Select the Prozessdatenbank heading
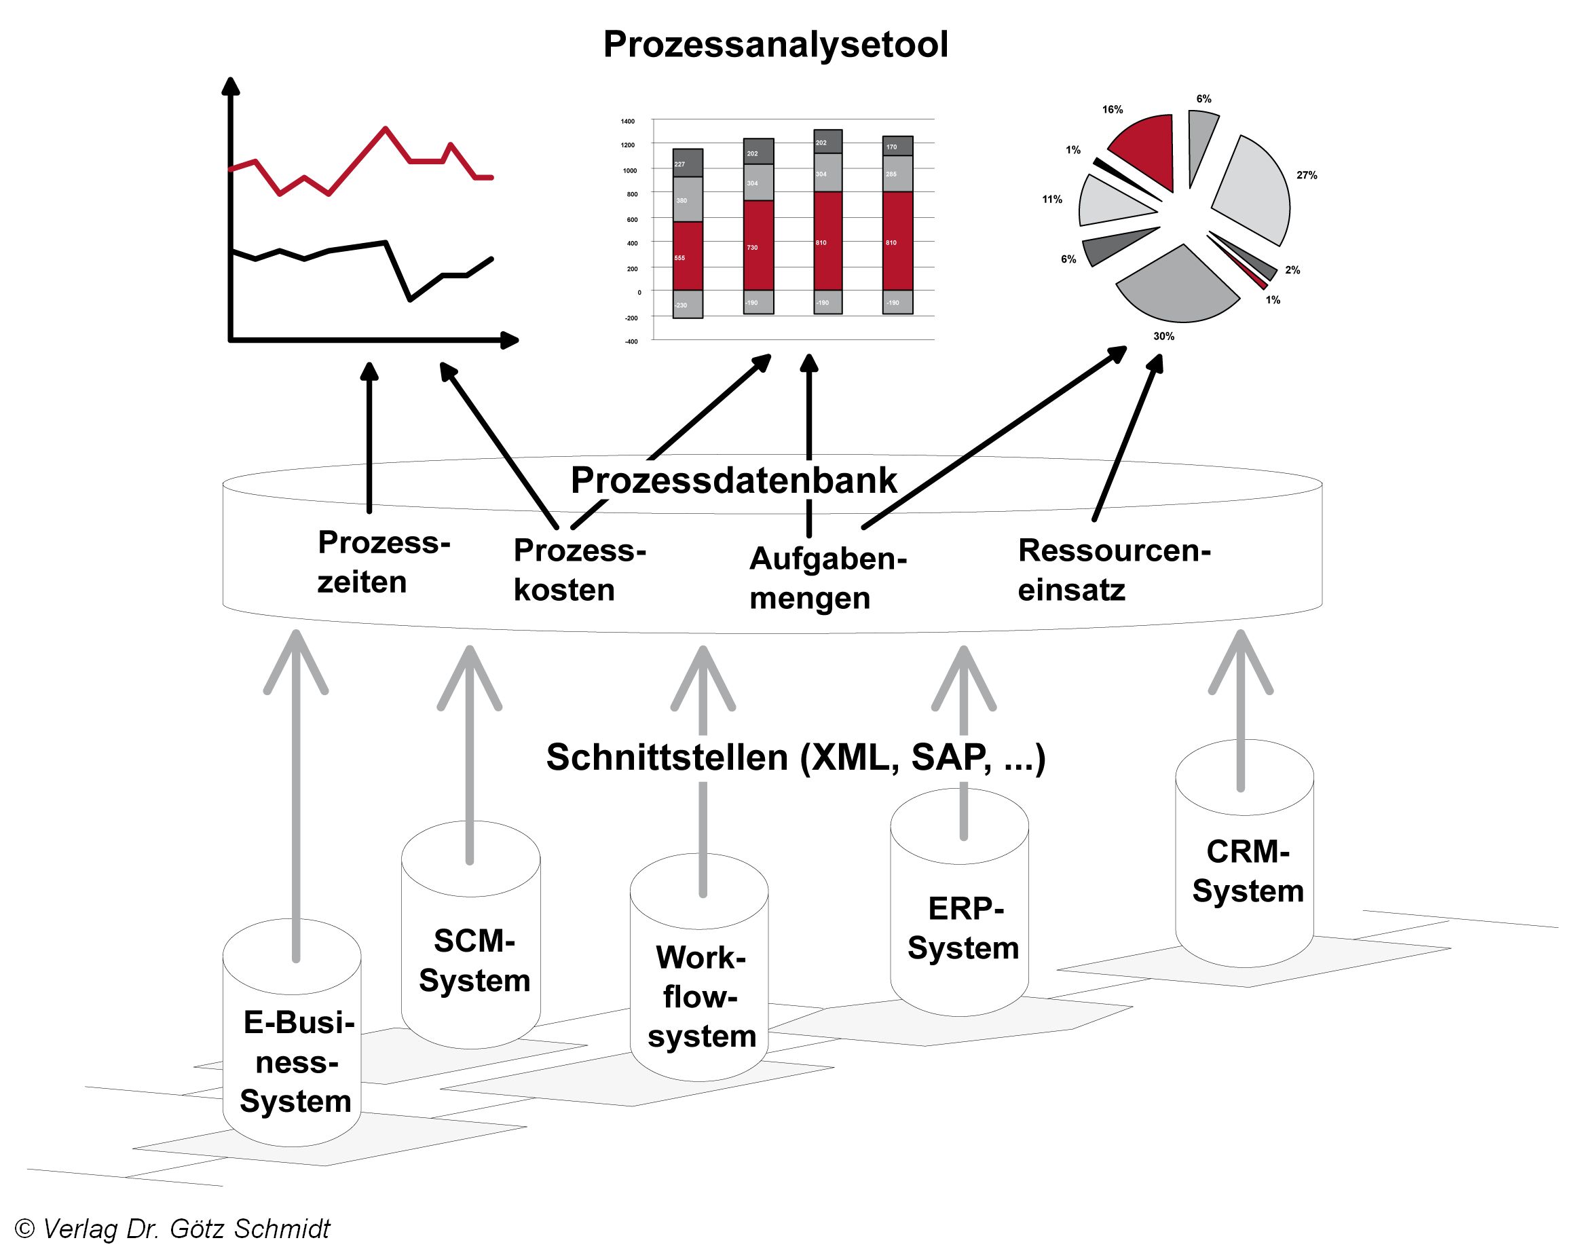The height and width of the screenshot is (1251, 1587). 733,481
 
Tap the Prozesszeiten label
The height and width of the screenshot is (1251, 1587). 383,562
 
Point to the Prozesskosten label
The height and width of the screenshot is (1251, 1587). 578,570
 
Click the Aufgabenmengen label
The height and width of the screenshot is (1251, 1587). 827,578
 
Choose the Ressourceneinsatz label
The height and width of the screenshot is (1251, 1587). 1113,570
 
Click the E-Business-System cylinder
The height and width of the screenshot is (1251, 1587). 293,1062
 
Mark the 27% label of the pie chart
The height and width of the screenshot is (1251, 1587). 1307,175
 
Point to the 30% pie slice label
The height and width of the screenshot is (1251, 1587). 1163,336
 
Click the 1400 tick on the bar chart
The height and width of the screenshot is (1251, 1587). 628,121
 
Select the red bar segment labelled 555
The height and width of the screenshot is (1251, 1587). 688,257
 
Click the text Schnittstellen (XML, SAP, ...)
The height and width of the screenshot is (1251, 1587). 796,758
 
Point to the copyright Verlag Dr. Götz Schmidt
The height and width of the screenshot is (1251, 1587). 173,1229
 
